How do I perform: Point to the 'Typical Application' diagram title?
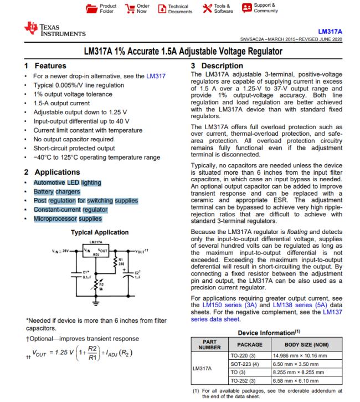coord(100,232)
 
